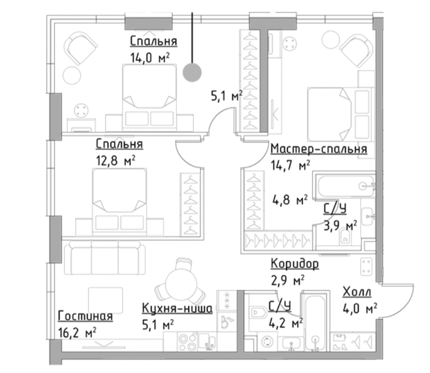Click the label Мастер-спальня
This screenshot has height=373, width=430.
click(x=319, y=149)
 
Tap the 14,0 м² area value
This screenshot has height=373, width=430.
click(x=150, y=58)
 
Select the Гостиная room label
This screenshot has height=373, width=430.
click(x=85, y=316)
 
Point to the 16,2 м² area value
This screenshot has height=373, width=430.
click(x=77, y=333)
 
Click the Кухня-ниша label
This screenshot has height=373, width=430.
click(x=177, y=309)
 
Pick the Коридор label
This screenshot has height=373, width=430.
click(x=295, y=264)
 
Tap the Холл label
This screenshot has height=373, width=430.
click(x=357, y=292)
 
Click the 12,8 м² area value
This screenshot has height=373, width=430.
click(x=116, y=161)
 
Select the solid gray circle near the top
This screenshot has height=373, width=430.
click(x=192, y=72)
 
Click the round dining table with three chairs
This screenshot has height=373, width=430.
click(x=181, y=282)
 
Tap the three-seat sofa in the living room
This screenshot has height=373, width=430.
click(x=105, y=258)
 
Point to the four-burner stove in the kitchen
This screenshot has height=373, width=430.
click(x=188, y=342)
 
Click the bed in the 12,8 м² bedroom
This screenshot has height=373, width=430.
click(x=119, y=202)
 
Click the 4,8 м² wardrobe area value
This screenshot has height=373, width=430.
click(x=290, y=200)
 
